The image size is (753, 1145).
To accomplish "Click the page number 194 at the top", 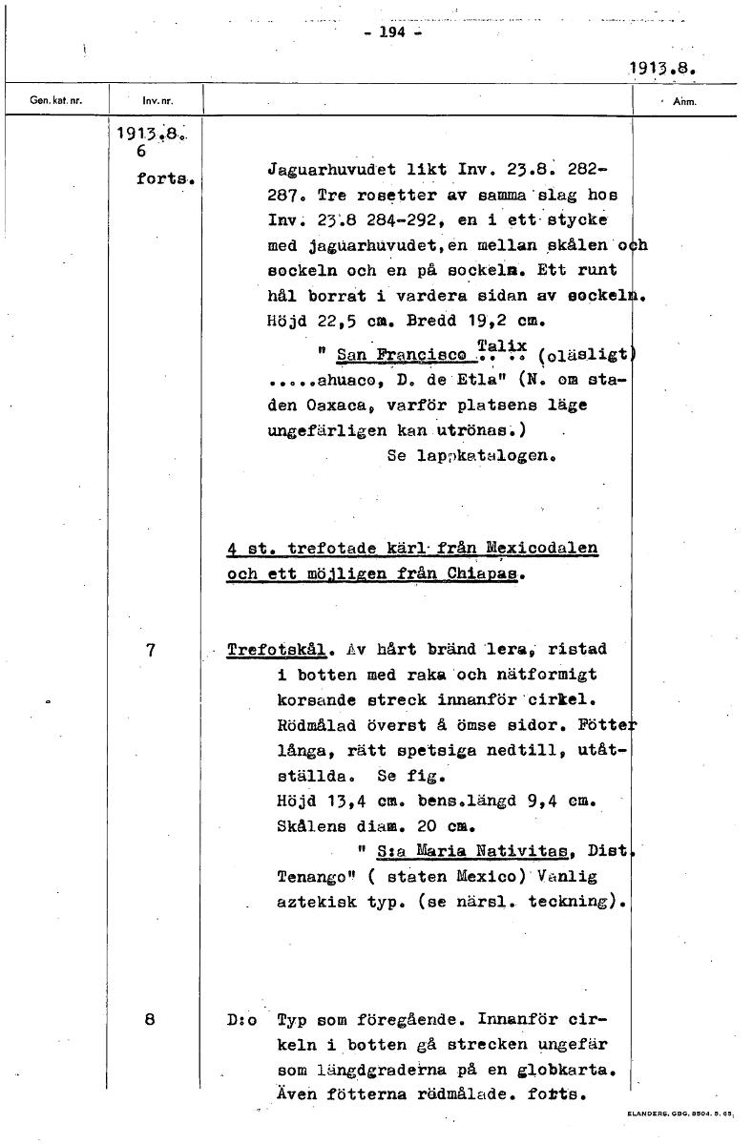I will coord(392,31).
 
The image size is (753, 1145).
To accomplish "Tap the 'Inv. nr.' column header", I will coord(157,99).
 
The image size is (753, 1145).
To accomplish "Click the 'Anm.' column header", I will coord(686,99).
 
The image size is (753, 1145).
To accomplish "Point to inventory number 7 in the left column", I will coord(150,650).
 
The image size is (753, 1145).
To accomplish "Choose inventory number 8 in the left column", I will coord(150,1018).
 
